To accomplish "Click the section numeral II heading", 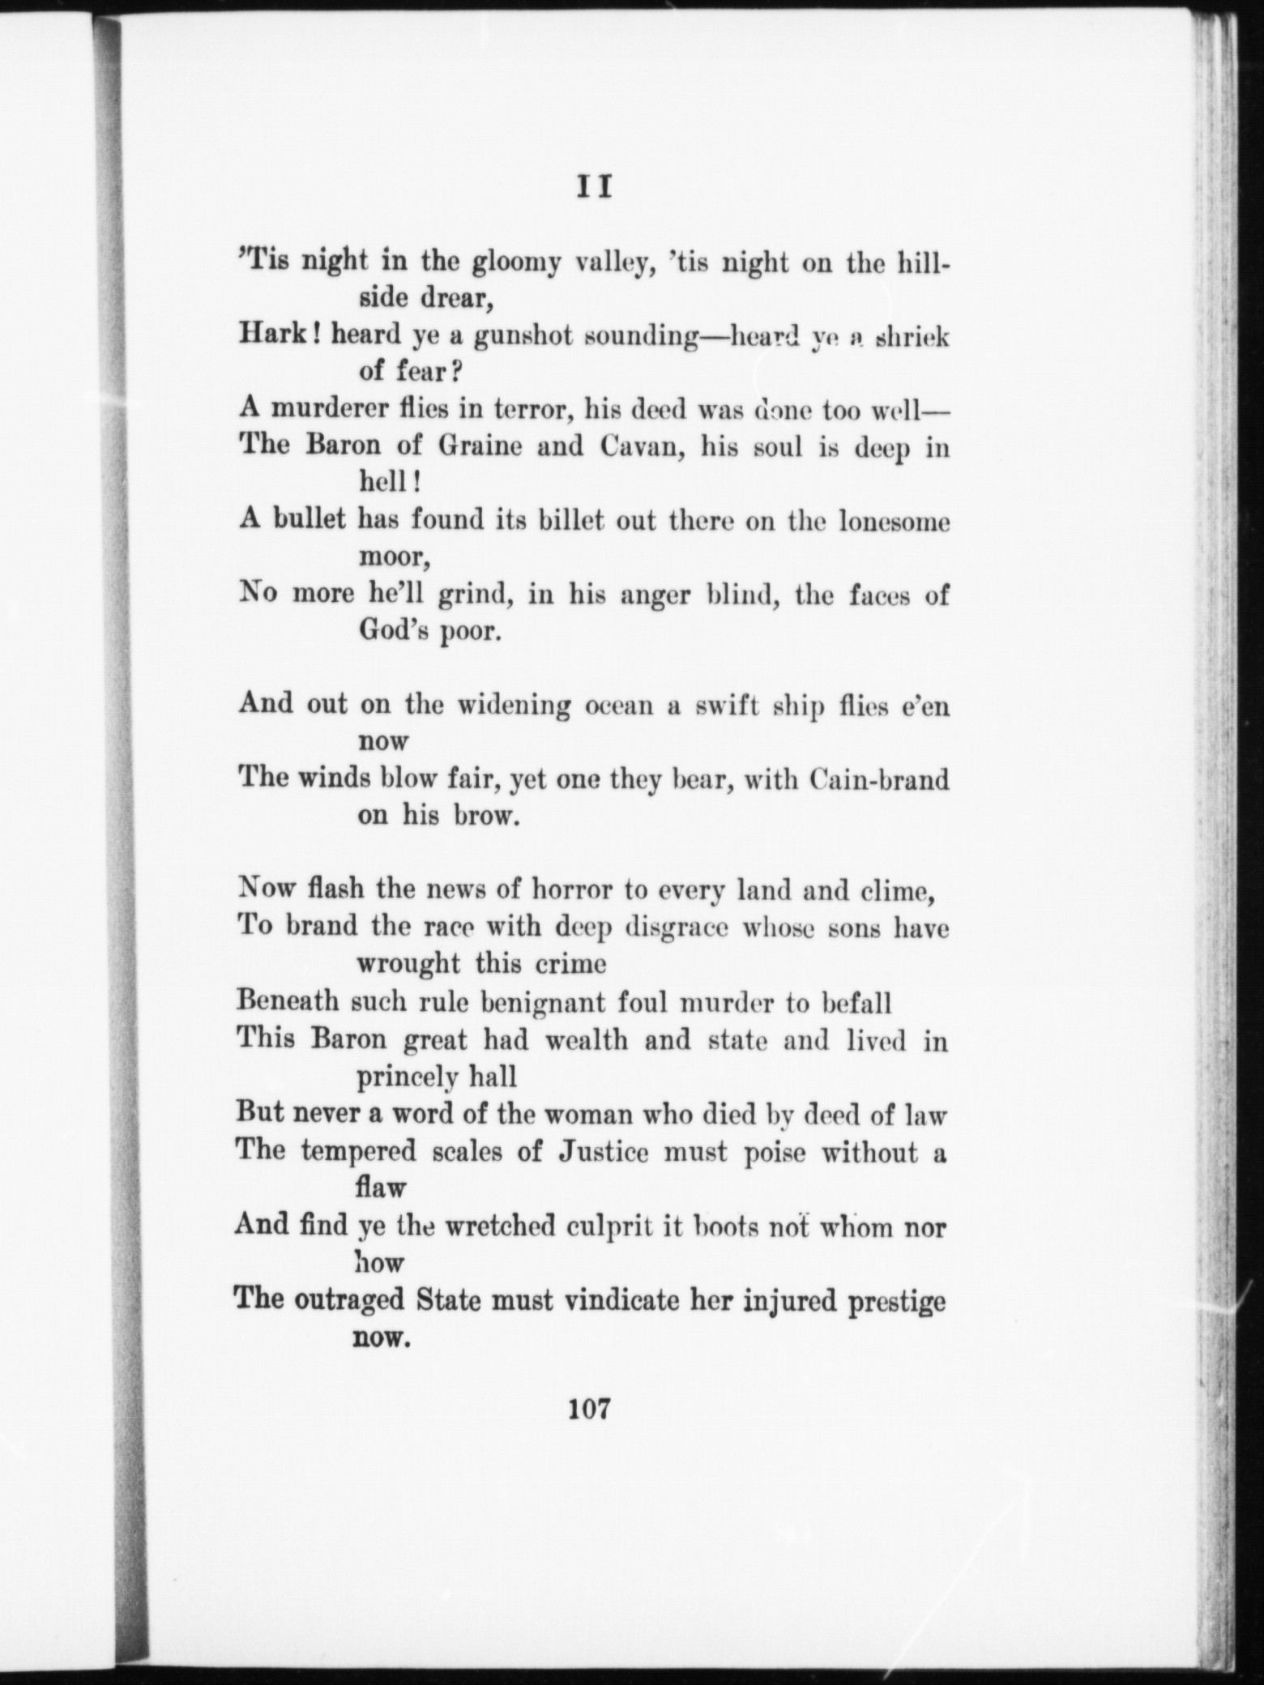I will coord(593,188).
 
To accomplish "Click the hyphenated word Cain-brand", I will coord(878,779).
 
